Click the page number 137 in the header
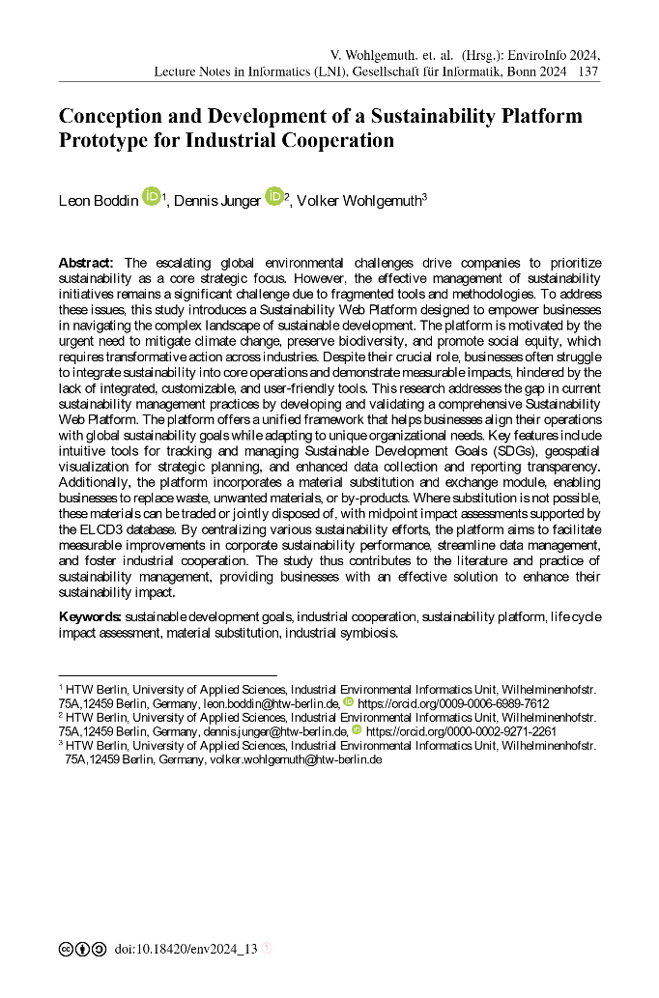click(588, 71)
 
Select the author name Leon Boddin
click(99, 201)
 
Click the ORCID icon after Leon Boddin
click(151, 197)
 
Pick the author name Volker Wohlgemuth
click(358, 201)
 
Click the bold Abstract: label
click(87, 264)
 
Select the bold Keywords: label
click(90, 616)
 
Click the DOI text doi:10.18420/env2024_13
click(186, 950)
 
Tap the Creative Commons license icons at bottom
click(82, 950)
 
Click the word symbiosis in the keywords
click(366, 634)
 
